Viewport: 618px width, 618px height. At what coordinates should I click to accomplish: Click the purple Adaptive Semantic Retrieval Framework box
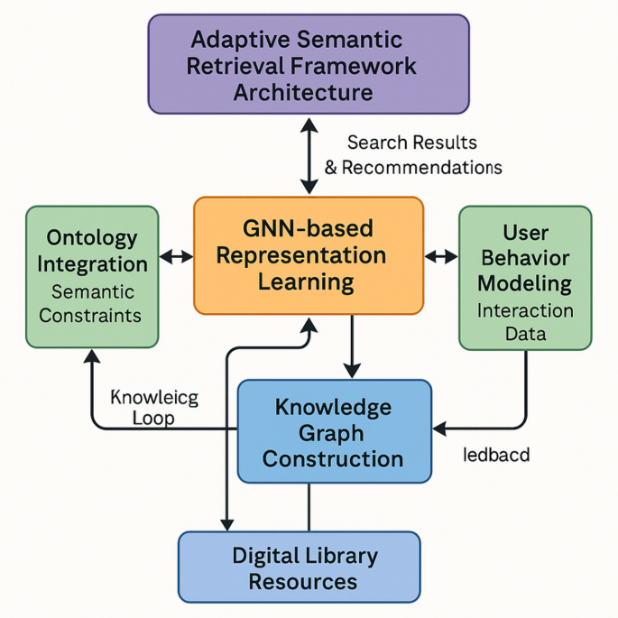click(x=309, y=64)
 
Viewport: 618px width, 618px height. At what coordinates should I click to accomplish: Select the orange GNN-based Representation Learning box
click(x=309, y=255)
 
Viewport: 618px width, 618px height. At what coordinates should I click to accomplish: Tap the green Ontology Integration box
click(x=92, y=277)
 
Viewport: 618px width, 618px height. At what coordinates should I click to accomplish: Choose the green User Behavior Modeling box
click(x=525, y=277)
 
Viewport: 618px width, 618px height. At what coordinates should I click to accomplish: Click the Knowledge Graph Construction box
click(x=334, y=431)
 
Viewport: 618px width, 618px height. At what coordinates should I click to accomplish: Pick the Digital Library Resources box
click(x=300, y=567)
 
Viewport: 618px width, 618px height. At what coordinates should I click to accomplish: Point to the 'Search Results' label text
click(x=412, y=143)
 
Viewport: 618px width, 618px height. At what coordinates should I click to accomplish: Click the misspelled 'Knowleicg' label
click(x=153, y=397)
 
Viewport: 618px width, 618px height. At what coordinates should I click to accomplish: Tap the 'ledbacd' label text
click(x=495, y=455)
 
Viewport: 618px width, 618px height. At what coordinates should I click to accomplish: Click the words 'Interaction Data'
click(x=525, y=322)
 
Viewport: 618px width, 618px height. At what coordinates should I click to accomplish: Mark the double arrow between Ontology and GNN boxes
click(x=177, y=257)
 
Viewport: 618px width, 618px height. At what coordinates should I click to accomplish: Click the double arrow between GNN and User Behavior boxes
click(x=441, y=257)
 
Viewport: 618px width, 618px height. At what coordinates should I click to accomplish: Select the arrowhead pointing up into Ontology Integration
click(x=90, y=357)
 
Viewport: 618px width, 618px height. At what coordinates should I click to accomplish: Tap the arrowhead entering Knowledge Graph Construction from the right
click(x=440, y=427)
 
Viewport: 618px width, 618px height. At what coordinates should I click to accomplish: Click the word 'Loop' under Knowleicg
click(x=153, y=418)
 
